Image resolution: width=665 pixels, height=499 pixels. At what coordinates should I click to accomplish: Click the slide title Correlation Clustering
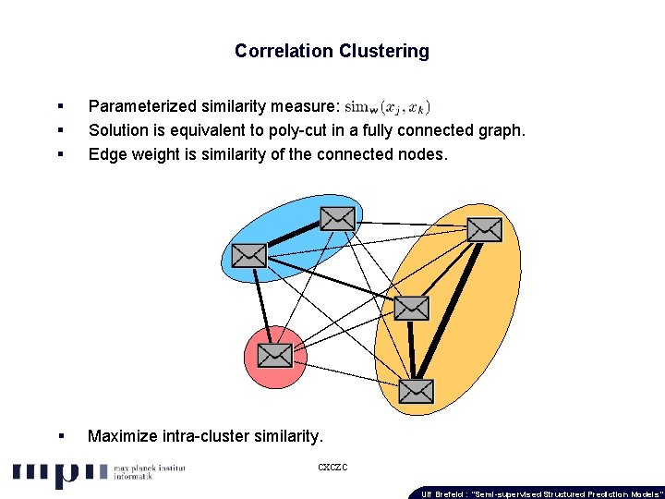(x=332, y=52)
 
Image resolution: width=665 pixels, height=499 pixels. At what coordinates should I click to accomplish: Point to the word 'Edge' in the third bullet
(x=106, y=154)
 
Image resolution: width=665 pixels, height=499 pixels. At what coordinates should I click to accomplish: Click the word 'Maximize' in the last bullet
(x=122, y=436)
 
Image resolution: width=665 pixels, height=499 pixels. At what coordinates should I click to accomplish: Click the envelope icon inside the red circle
(x=274, y=355)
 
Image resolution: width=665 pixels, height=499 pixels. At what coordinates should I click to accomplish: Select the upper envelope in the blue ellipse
(x=337, y=218)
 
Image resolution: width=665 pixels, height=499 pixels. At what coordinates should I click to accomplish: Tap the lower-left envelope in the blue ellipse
(x=248, y=253)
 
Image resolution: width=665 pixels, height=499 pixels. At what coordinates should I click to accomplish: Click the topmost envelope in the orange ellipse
(x=484, y=229)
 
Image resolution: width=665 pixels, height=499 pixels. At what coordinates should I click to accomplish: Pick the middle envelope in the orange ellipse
(x=411, y=308)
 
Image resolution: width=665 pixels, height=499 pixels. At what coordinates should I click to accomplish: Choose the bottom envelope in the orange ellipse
(x=417, y=391)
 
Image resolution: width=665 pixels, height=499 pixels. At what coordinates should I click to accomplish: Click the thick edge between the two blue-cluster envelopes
(x=293, y=236)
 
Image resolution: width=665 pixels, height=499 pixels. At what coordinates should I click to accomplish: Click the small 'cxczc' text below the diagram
(x=332, y=468)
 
